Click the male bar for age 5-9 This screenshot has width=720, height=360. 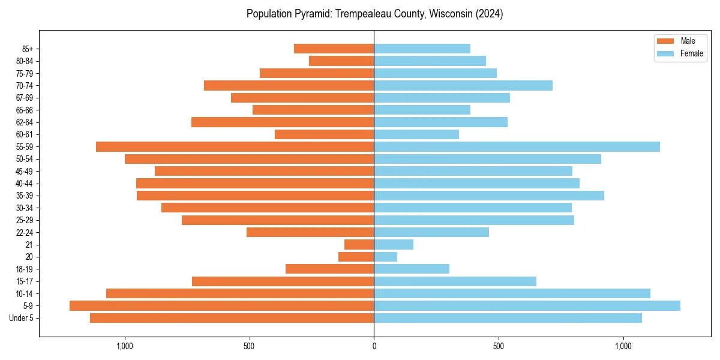(222, 306)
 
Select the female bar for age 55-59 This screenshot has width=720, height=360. (517, 147)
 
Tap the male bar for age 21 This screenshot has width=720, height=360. (359, 245)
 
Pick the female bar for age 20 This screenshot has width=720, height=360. (385, 257)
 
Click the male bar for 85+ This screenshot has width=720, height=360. (334, 49)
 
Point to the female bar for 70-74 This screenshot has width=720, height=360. (463, 86)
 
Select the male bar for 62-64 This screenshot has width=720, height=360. (283, 122)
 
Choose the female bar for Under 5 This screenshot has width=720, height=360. (508, 318)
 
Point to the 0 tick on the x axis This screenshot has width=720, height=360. (374, 346)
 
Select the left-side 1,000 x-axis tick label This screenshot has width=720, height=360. (125, 346)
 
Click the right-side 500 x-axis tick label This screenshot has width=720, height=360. (498, 346)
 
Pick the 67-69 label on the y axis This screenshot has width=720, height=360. (25, 98)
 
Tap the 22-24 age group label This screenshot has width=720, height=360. (25, 233)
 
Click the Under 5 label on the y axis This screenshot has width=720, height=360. (21, 318)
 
